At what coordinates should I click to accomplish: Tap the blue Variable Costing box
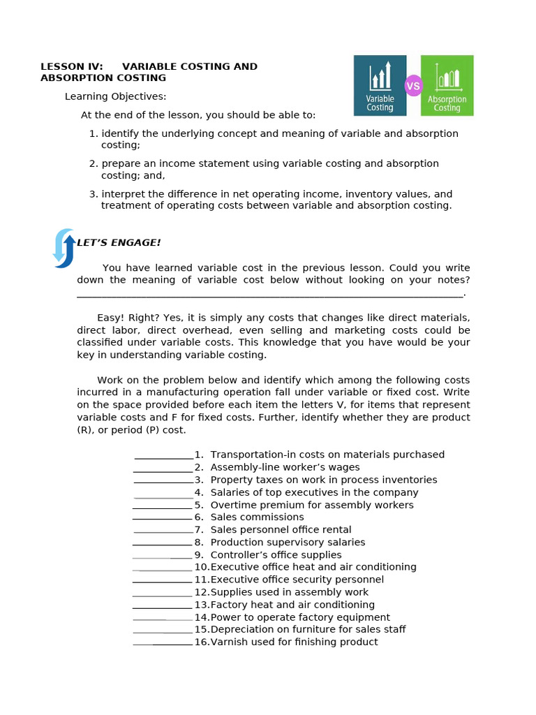pos(380,85)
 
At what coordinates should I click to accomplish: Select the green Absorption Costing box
pos(447,85)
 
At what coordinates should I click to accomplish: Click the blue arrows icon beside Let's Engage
pos(64,248)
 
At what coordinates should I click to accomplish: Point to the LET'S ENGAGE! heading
pos(119,243)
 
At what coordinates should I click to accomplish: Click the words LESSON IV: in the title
pos(72,67)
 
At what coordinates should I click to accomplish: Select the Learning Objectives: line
pos(115,96)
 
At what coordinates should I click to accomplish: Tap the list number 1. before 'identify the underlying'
pos(94,133)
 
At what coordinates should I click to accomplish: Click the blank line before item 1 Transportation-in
pos(163,458)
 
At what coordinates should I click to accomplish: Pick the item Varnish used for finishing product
pos(294,642)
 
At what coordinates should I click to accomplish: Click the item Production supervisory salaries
pos(288,543)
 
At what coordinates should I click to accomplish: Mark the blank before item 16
pos(163,644)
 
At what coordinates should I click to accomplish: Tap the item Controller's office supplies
pos(276,555)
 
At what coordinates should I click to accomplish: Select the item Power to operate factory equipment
pos(300,617)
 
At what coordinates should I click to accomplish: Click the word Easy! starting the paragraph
pos(110,318)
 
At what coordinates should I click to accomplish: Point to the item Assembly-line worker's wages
pos(285,468)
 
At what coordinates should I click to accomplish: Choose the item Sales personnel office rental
pos(281,530)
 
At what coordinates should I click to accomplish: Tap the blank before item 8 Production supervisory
pos(162,545)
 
